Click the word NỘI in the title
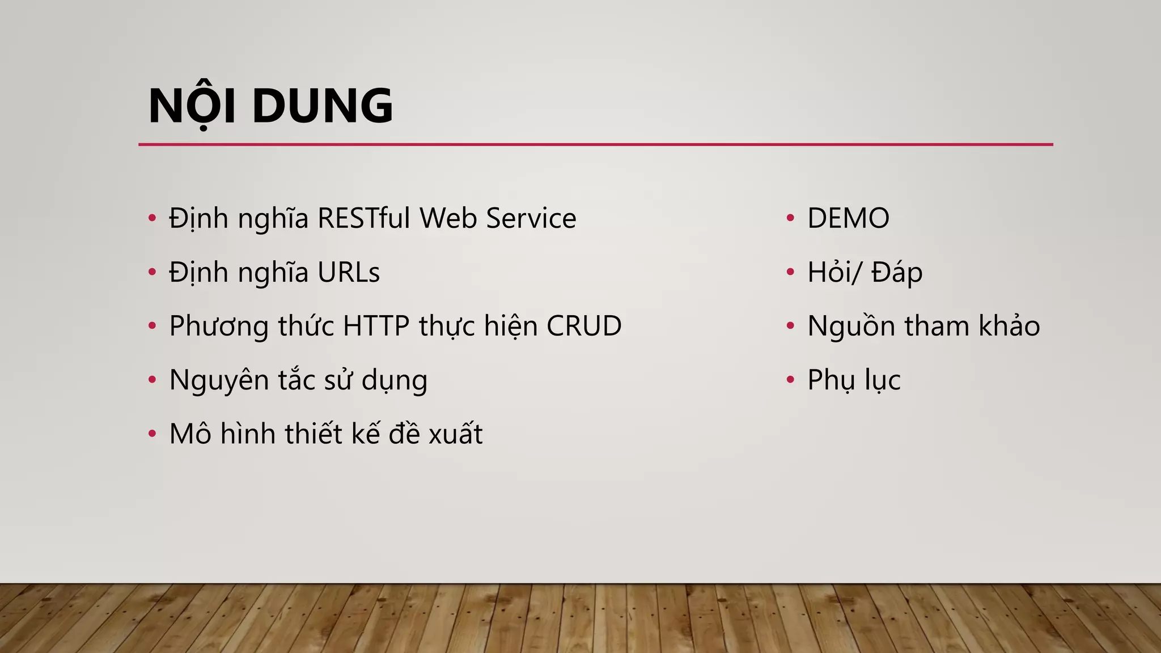coord(192,106)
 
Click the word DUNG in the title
coord(322,106)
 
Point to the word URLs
coord(348,272)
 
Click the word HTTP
coord(376,326)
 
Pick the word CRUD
coord(584,326)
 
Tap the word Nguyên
coord(218,380)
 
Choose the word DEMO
coord(848,218)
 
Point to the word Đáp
coord(897,272)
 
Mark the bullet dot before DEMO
coord(790,218)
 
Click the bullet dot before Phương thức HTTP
coord(152,326)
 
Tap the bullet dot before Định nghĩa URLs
coord(152,272)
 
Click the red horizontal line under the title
coord(595,145)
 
